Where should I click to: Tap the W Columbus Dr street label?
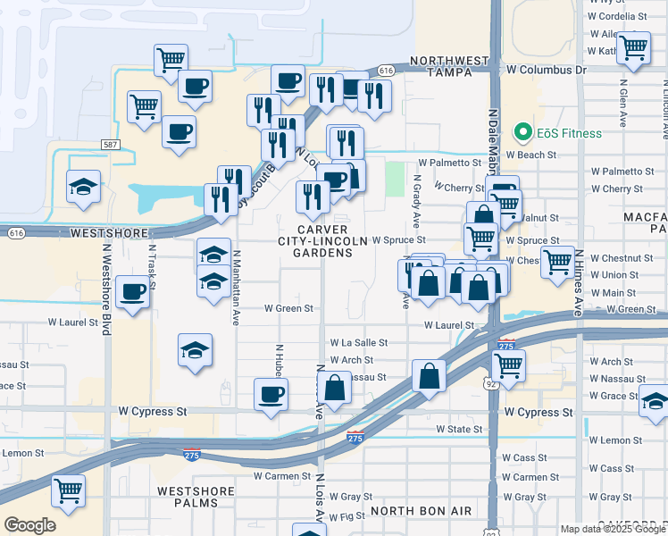(x=546, y=69)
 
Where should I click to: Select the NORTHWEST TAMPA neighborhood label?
(x=449, y=67)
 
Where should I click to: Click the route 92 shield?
(x=490, y=383)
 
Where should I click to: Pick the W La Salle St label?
(x=359, y=342)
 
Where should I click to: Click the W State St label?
(x=459, y=430)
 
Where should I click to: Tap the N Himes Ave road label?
(x=578, y=282)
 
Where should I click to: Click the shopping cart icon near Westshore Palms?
(x=69, y=490)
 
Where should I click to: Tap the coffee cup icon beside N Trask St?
(x=133, y=291)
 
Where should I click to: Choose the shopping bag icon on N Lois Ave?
(x=336, y=389)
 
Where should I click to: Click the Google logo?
(x=30, y=525)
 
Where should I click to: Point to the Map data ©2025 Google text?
(x=613, y=528)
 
